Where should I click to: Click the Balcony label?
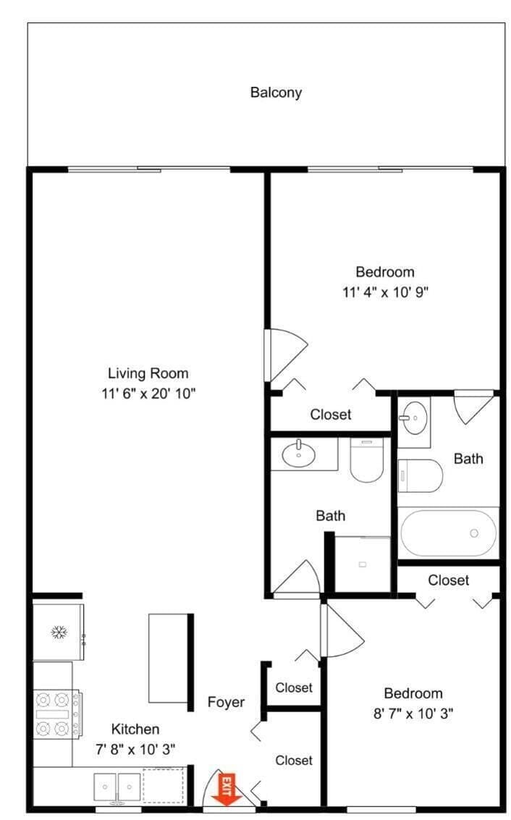[x=276, y=93]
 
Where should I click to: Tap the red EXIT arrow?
[x=226, y=790]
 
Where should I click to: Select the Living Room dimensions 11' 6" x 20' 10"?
[x=148, y=393]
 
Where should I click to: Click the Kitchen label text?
[x=135, y=729]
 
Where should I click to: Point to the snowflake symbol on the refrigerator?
[x=59, y=633]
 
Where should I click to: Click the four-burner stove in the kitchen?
[x=57, y=714]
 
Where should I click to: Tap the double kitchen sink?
[x=117, y=787]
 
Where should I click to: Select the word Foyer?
[x=226, y=702]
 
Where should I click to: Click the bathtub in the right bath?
[x=448, y=533]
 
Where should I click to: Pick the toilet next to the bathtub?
[x=421, y=475]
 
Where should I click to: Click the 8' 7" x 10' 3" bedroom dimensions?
[x=413, y=714]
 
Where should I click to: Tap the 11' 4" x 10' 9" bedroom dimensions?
[x=386, y=292]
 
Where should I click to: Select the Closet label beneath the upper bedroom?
[x=331, y=415]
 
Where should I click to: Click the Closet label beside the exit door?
[x=294, y=761]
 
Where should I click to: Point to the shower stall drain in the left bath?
[x=363, y=565]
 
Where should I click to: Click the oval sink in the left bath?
[x=299, y=455]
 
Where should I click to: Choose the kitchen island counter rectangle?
[x=169, y=659]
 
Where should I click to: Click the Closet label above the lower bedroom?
[x=448, y=580]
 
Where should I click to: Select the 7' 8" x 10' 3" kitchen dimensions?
[x=135, y=749]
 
